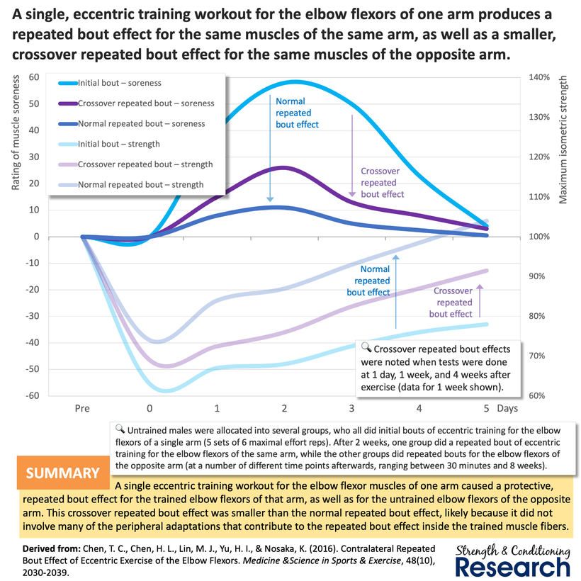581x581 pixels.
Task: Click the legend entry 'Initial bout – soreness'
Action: [x=120, y=83]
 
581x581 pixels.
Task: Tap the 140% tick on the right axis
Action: [x=540, y=77]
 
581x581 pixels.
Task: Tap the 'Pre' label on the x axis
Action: [x=83, y=409]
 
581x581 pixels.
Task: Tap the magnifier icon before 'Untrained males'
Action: [x=120, y=429]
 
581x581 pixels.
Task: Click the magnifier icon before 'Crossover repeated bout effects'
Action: [x=366, y=348]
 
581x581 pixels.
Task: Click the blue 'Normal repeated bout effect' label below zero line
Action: [x=368, y=281]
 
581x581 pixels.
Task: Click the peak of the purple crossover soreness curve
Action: [x=283, y=167]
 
